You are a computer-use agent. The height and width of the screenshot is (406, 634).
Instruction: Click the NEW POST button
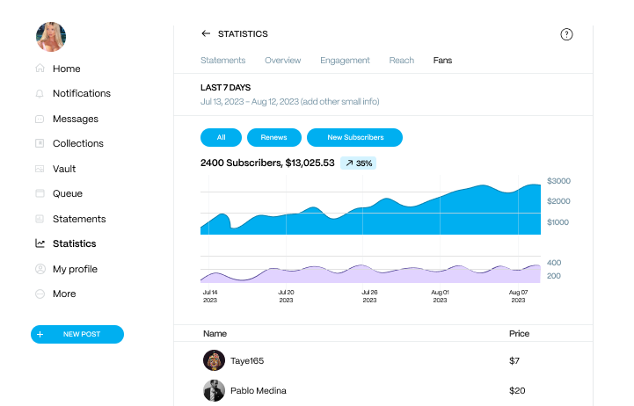pos(77,335)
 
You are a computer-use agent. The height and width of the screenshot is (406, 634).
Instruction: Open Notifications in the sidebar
pos(81,93)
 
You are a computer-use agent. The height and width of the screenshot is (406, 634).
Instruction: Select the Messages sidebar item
pos(75,119)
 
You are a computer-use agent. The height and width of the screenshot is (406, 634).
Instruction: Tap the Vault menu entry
pos(64,169)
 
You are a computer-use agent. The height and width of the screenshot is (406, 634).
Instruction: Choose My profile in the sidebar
pos(75,269)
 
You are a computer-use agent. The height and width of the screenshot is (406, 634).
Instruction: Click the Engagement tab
pos(345,61)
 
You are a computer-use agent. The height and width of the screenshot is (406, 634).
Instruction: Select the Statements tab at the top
pos(222,61)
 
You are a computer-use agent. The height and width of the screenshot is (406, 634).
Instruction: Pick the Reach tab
pos(401,61)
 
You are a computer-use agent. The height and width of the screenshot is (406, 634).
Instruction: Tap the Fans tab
pos(442,61)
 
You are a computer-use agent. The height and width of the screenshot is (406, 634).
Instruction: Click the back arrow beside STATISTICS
pos(206,34)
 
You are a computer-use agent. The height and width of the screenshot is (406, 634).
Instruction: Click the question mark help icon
pos(566,34)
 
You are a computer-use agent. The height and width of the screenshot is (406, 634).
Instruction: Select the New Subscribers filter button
pos(354,137)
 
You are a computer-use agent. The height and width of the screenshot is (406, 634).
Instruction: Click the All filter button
pos(221,137)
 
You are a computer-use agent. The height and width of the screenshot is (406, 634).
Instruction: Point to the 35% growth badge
pos(358,163)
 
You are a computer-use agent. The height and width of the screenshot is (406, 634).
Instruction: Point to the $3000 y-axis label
pos(558,181)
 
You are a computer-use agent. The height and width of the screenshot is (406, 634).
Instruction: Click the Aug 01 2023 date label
pos(441,296)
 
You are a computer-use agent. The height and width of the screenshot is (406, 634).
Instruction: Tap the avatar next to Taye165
pos(214,360)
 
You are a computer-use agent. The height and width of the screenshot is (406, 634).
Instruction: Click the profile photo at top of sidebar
pos(50,37)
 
